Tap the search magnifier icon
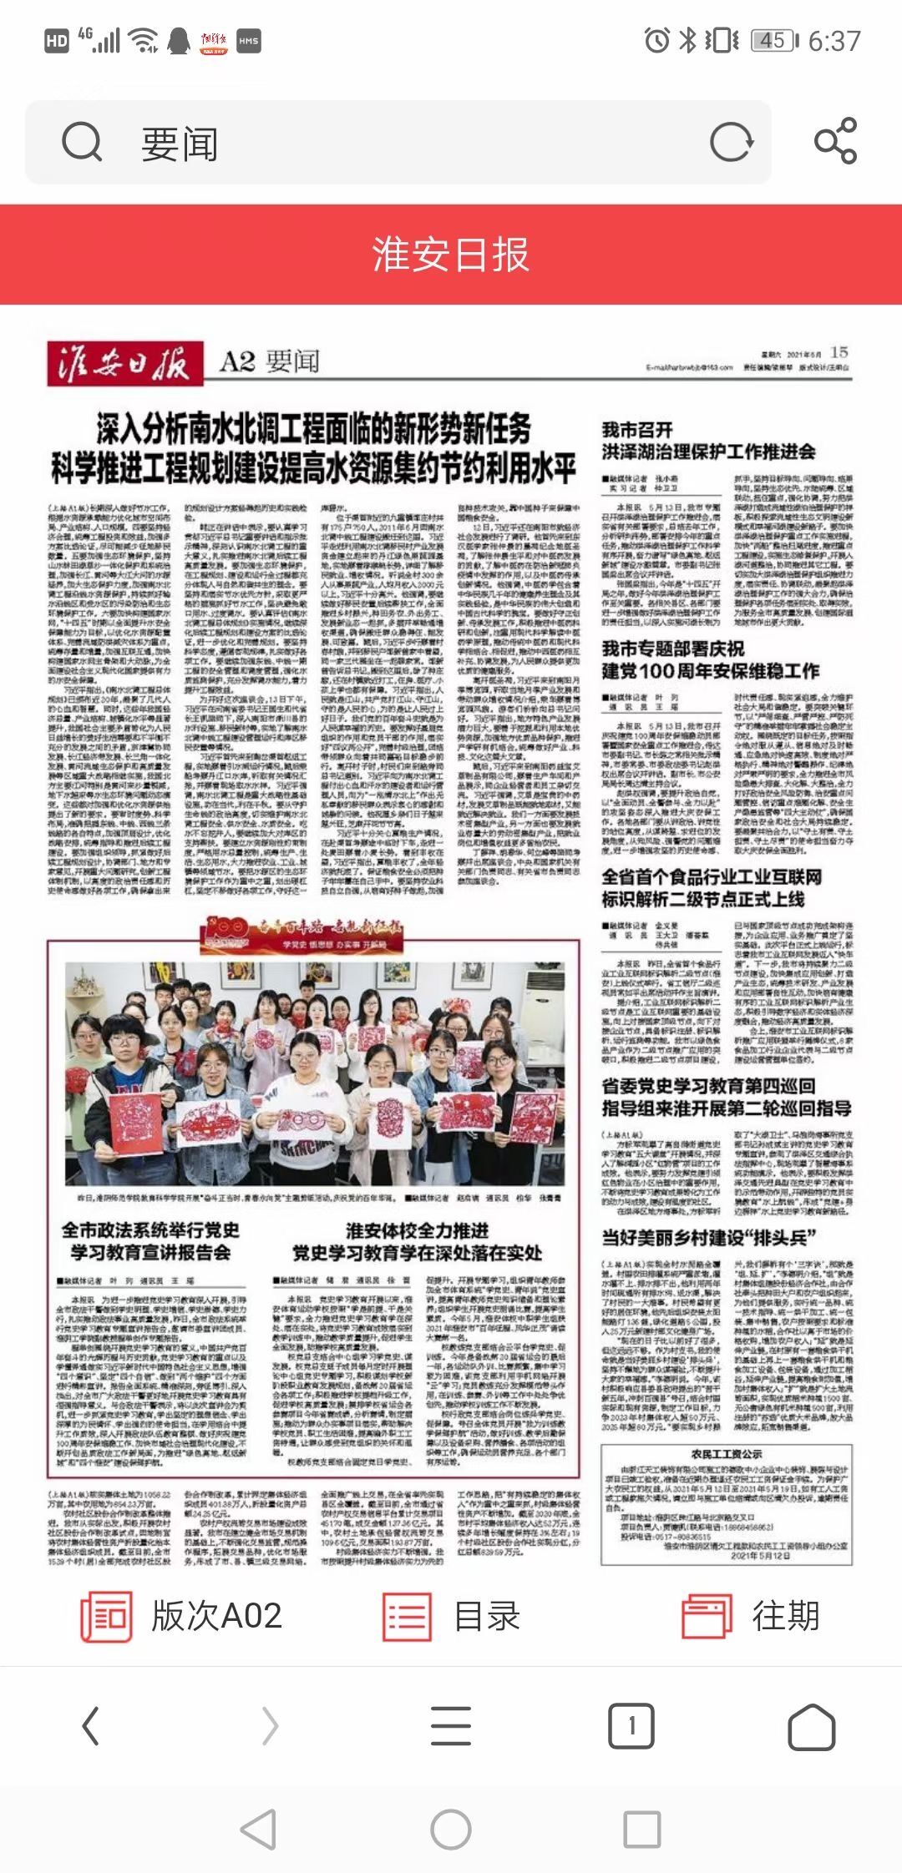pyautogui.click(x=82, y=143)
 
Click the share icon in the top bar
pyautogui.click(x=835, y=141)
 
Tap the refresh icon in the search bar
pyautogui.click(x=731, y=142)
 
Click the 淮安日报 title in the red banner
pyautogui.click(x=451, y=254)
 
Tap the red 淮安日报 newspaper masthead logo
pyautogui.click(x=124, y=362)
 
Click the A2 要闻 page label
pyautogui.click(x=270, y=361)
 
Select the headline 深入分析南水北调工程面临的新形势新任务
pyautogui.click(x=313, y=429)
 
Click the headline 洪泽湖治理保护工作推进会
pyautogui.click(x=708, y=452)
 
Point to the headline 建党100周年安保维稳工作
pyautogui.click(x=711, y=670)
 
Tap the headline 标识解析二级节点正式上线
pyautogui.click(x=703, y=899)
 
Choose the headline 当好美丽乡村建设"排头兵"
pyautogui.click(x=708, y=1237)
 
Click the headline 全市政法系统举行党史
pyautogui.click(x=150, y=1230)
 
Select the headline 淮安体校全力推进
pyautogui.click(x=417, y=1230)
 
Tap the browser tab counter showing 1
pyautogui.click(x=631, y=1725)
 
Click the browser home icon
pyautogui.click(x=811, y=1726)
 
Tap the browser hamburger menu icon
pyautogui.click(x=451, y=1725)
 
